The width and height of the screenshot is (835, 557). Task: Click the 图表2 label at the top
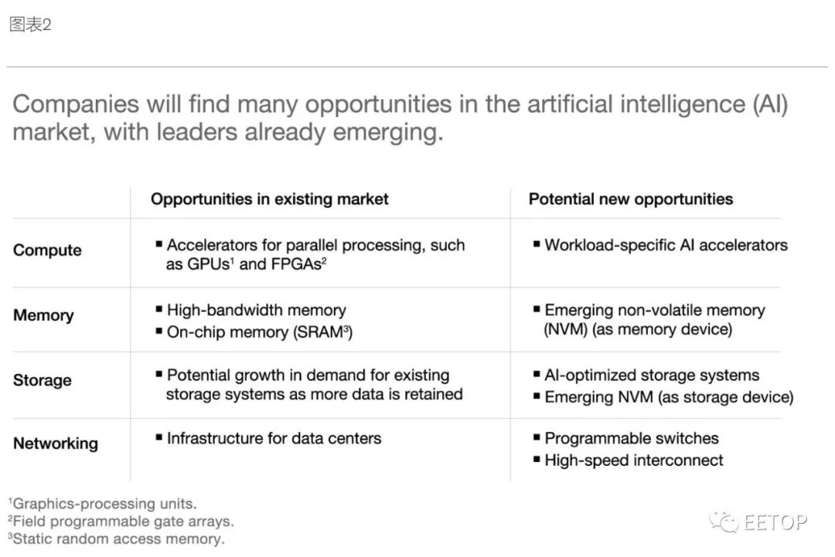click(30, 25)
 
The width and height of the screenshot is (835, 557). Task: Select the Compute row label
click(47, 250)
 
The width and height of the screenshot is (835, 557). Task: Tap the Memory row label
click(43, 315)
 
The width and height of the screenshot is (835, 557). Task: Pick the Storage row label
click(43, 380)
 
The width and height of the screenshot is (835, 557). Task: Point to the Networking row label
click(56, 443)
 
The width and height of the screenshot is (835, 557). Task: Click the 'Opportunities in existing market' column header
click(270, 199)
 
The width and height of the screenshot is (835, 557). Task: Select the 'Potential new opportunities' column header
click(631, 199)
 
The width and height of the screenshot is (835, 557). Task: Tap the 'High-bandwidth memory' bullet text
click(256, 310)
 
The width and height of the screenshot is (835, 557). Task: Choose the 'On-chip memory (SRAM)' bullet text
click(259, 332)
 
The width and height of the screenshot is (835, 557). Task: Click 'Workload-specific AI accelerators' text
click(666, 245)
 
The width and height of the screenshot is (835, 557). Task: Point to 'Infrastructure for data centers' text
click(274, 438)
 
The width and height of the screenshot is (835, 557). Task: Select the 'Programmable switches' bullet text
click(632, 438)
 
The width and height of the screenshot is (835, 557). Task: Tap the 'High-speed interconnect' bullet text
click(634, 460)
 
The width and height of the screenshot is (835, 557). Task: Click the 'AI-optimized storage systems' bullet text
click(652, 375)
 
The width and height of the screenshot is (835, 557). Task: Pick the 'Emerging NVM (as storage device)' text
click(669, 397)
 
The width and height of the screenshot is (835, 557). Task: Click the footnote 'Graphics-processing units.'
click(103, 503)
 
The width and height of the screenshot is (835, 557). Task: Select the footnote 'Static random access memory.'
click(117, 539)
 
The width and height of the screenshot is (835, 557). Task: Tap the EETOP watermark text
click(775, 522)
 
